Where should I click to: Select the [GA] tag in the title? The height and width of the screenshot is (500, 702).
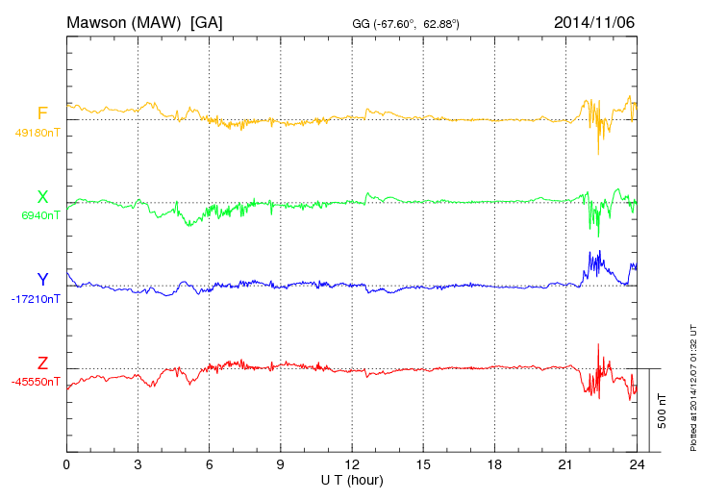click(x=207, y=21)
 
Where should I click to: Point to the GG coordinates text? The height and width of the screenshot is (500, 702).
click(x=404, y=22)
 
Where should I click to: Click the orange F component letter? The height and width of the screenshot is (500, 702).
click(x=42, y=114)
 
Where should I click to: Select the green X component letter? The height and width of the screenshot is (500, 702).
click(x=42, y=197)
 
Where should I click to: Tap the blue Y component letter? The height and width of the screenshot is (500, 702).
click(x=42, y=280)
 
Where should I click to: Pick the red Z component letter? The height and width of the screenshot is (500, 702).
click(x=42, y=362)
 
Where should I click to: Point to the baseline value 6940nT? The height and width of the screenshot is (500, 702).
click(x=40, y=215)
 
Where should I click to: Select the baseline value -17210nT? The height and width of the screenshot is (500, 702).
click(x=37, y=299)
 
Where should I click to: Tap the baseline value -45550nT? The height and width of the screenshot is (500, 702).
click(x=37, y=382)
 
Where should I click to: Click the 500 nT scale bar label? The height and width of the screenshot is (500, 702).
click(x=663, y=411)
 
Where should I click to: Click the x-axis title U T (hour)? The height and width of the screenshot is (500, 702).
click(x=352, y=479)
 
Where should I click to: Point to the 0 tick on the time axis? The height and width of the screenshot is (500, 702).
click(x=66, y=464)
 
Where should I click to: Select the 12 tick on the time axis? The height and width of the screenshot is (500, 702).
click(x=352, y=464)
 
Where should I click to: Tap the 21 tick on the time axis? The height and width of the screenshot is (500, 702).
click(x=565, y=464)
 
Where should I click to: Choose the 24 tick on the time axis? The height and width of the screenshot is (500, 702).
click(x=637, y=464)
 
